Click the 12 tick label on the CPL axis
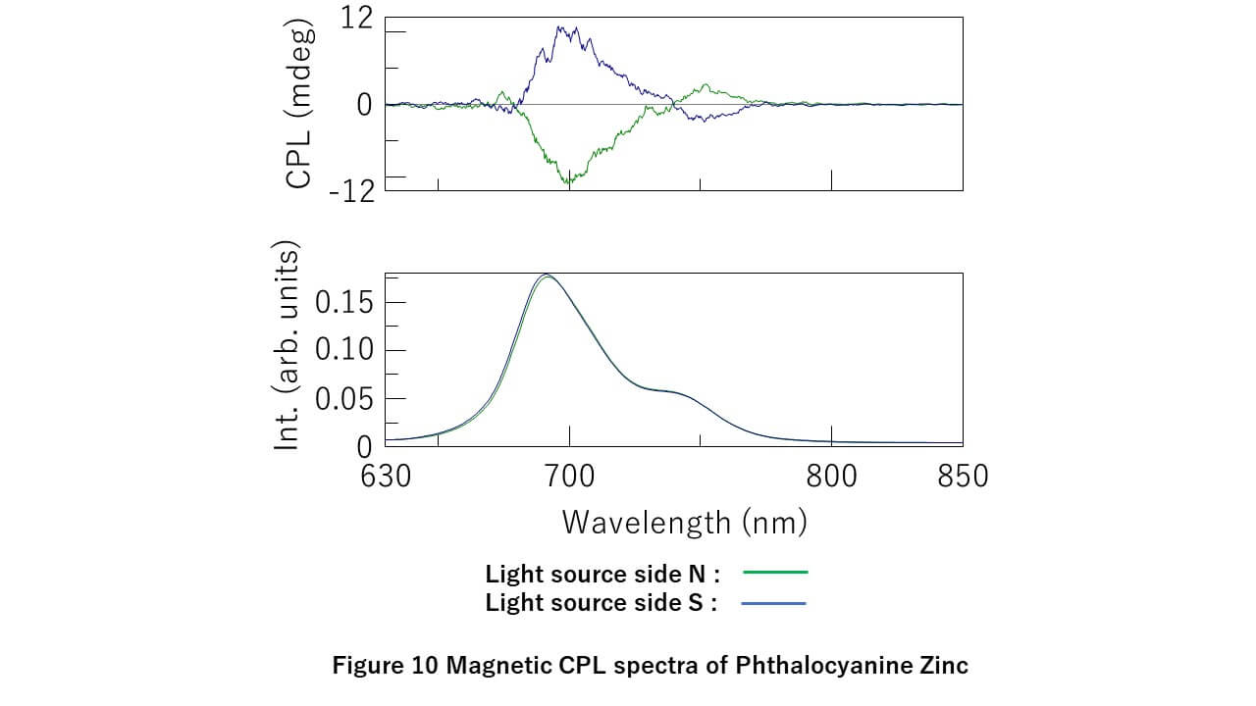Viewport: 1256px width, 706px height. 356,18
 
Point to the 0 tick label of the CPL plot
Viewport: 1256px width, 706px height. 364,104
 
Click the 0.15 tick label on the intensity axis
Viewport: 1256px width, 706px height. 343,303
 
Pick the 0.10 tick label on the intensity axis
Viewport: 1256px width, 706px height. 343,350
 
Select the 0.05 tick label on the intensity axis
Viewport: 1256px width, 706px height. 343,399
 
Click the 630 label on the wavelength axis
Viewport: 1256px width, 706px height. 385,477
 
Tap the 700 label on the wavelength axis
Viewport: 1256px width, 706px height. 569,477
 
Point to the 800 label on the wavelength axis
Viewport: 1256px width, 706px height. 831,477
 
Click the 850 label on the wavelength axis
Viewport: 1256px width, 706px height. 963,477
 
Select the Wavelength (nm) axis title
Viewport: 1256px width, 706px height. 684,522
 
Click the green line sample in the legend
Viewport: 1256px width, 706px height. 775,572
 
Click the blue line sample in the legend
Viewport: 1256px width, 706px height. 775,603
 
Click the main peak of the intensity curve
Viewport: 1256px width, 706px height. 547,276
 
